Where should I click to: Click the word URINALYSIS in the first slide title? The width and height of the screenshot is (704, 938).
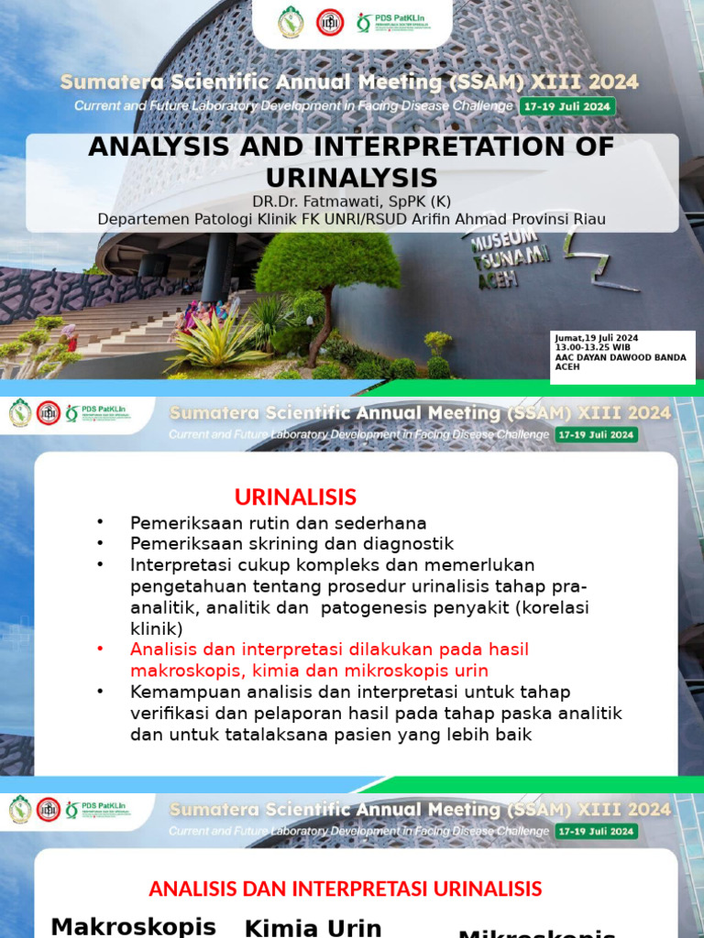click(x=352, y=177)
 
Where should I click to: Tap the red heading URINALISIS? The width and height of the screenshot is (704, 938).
click(x=295, y=497)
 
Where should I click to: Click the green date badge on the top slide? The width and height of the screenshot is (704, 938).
click(x=567, y=105)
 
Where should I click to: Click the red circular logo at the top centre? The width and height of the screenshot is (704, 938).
click(x=329, y=22)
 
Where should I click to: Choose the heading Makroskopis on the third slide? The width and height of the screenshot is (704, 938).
click(x=133, y=925)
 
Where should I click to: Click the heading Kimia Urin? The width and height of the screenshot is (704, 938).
click(x=313, y=927)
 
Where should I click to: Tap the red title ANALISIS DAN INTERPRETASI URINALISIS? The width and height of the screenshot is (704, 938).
click(x=345, y=889)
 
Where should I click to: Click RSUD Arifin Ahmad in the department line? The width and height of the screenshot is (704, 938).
click(x=457, y=219)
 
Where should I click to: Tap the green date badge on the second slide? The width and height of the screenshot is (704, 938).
click(x=596, y=434)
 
